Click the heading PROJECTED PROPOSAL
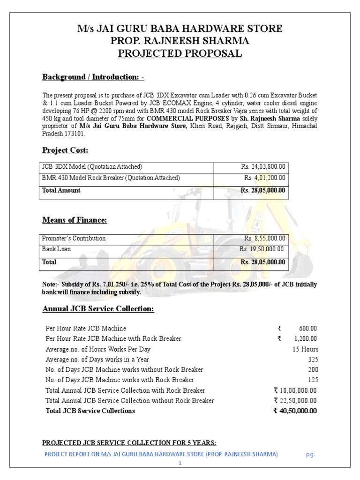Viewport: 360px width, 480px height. [180, 53]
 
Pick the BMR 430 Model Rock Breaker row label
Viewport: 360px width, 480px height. [111, 178]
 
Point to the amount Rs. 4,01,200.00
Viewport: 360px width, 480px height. [264, 178]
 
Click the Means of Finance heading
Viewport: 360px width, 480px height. [75, 220]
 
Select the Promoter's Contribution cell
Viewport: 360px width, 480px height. [74, 238]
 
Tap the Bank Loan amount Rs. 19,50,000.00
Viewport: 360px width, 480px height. [262, 249]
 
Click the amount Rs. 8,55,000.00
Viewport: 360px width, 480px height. [264, 238]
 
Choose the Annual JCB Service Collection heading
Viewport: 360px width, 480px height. [98, 309]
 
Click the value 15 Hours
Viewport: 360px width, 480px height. [305, 349]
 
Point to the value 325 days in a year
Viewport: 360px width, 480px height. [313, 360]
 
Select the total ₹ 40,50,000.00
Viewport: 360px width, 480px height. [295, 411]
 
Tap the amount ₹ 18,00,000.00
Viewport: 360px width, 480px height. [295, 390]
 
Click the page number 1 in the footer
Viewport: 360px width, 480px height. [180, 463]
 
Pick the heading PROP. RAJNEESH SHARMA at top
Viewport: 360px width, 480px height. [180, 41]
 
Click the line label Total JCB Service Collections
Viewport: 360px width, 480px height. [90, 411]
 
